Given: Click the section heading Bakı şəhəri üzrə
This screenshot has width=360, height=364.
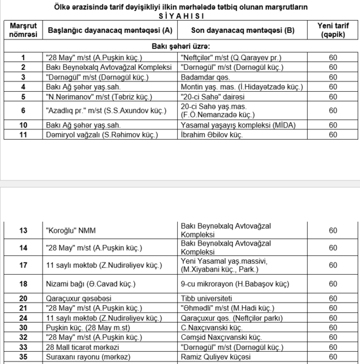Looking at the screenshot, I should pos(180,46).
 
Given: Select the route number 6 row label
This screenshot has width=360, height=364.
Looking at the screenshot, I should pos(23,111).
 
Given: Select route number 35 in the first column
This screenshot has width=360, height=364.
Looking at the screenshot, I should pos(23,357).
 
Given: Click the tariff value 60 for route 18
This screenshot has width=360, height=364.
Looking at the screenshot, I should pos(333,284).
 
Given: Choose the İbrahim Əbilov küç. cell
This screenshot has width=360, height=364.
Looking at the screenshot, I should pos(213,134).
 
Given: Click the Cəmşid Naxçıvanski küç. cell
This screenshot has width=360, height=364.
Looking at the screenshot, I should pos(221,337).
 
